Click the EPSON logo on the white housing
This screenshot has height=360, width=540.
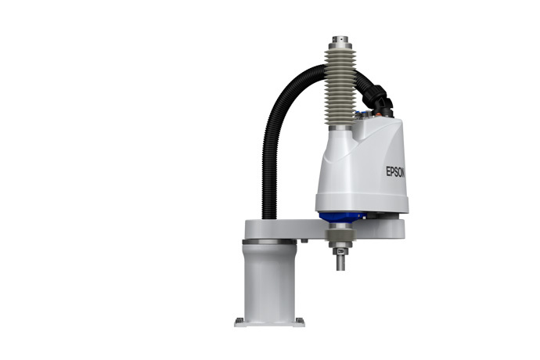tap(395, 171)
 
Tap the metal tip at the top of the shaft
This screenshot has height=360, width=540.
tap(340, 39)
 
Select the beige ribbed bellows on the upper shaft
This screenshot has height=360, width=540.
tap(340, 88)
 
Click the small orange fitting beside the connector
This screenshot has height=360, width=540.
tap(379, 114)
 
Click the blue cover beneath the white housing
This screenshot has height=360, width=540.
tap(340, 218)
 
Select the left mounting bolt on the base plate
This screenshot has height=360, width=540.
tap(239, 320)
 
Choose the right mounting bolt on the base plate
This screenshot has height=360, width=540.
tap(300, 320)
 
